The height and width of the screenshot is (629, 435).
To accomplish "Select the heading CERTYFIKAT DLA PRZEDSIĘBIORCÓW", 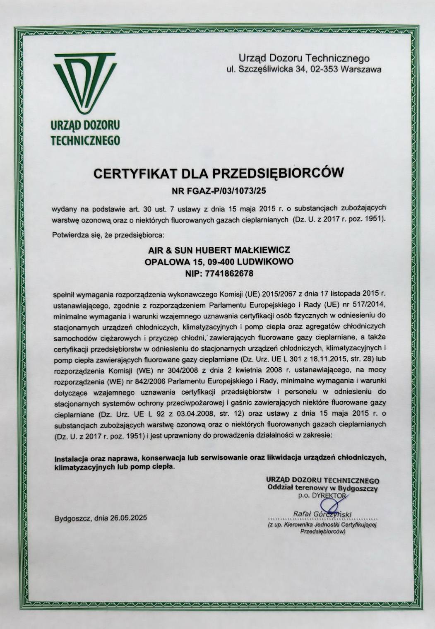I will click(x=219, y=173).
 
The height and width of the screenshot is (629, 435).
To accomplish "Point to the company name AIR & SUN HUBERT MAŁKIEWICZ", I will click(x=219, y=251).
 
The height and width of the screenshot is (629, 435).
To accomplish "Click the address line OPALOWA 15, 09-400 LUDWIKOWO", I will click(x=219, y=262).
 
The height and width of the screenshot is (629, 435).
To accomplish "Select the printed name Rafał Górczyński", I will click(x=322, y=514).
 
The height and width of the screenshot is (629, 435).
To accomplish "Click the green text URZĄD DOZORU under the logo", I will click(x=85, y=124).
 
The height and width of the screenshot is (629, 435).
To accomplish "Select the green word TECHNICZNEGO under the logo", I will click(x=85, y=140).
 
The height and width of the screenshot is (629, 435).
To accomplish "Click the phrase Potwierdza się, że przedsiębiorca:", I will click(x=108, y=235).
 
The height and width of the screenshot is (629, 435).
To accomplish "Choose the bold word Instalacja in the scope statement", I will click(x=70, y=458).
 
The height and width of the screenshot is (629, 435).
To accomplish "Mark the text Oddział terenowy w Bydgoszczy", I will click(x=322, y=489).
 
